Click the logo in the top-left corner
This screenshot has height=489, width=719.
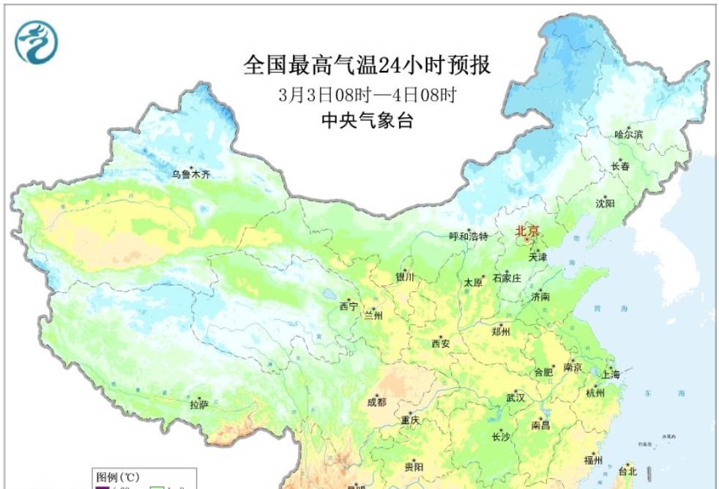tap(36, 42)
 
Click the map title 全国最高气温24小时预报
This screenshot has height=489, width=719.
tap(366, 66)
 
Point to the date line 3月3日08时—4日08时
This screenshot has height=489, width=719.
tap(367, 96)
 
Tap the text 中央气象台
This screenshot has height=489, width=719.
tap(367, 122)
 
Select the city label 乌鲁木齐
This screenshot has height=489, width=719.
tap(191, 174)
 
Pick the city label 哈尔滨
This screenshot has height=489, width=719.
tap(628, 135)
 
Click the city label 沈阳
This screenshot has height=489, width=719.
tap(605, 203)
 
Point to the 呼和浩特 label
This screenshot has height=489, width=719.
tap(468, 236)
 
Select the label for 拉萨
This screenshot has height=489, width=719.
tap(199, 403)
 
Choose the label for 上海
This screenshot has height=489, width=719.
tap(610, 374)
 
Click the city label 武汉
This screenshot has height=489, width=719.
tap(515, 398)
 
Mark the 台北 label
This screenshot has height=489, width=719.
tap(629, 471)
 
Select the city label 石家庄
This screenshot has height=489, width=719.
tap(506, 278)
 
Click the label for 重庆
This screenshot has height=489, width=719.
tap(410, 421)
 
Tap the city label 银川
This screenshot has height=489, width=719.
tap(405, 277)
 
